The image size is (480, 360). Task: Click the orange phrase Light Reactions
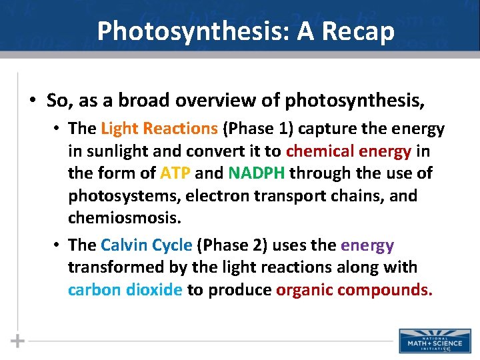159,128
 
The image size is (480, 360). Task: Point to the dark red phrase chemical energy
345,151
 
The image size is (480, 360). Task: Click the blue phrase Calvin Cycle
146,245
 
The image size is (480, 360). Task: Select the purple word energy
367,245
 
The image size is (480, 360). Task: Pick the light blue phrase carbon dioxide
125,290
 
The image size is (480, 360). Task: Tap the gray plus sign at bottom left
18,341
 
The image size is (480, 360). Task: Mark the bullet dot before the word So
32,101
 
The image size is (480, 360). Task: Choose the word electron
215,196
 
